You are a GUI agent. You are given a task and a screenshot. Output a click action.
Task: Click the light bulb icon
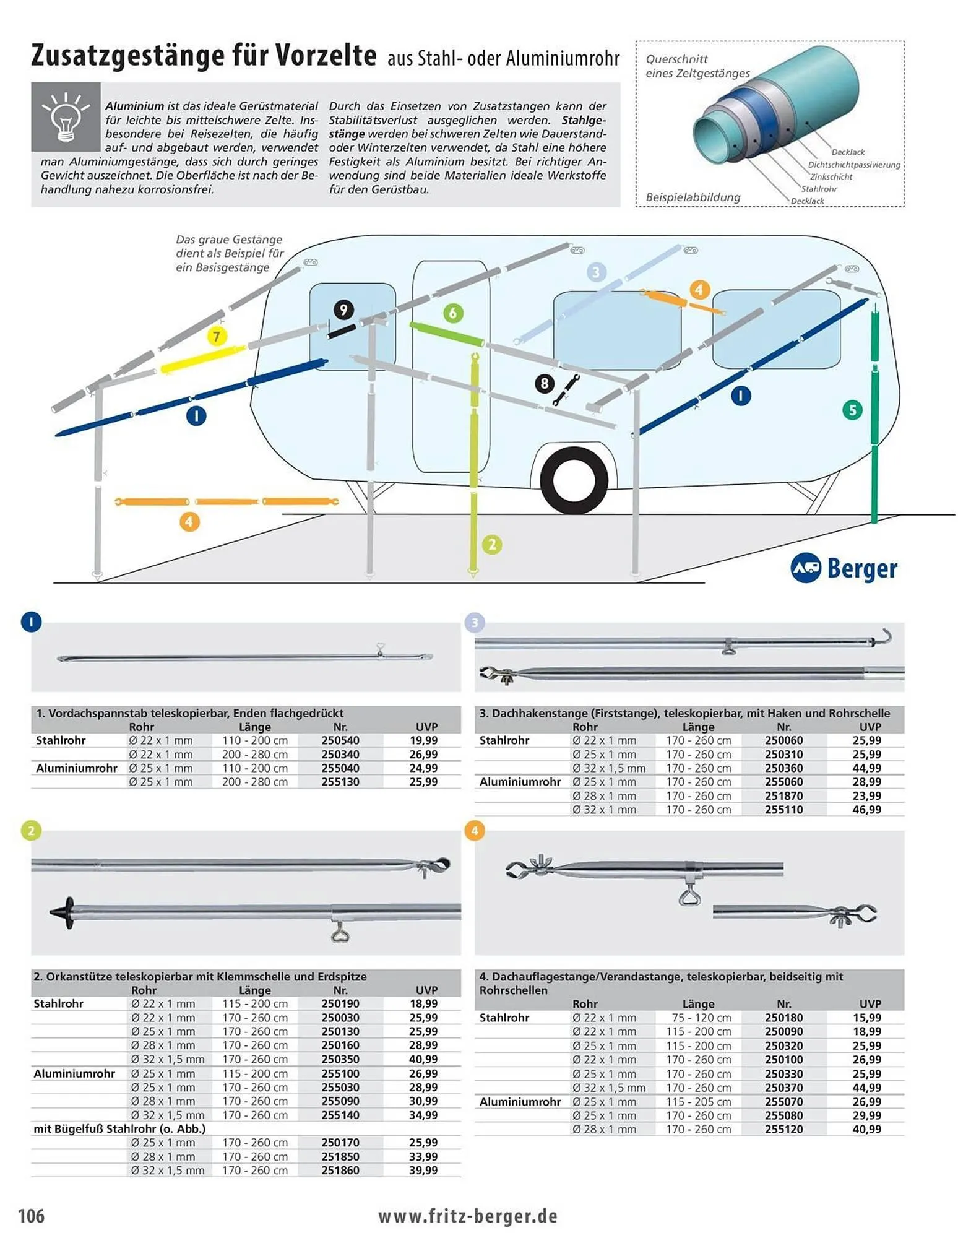[x=66, y=116]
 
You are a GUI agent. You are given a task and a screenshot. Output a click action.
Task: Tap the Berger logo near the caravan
[x=844, y=567]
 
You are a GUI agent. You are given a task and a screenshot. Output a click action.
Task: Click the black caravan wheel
[x=573, y=480]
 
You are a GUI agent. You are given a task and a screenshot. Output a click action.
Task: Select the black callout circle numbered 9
[x=343, y=310]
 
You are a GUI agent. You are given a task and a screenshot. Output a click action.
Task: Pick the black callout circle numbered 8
[x=544, y=383]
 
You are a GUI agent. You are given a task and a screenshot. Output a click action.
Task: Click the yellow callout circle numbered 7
[x=216, y=337]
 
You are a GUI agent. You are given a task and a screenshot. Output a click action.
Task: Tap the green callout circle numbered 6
[x=453, y=313]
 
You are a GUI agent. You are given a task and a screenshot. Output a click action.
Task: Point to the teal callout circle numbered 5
[x=852, y=409]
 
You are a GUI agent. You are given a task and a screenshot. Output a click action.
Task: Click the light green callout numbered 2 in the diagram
[x=492, y=545]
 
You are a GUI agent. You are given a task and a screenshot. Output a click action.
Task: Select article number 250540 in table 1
[x=340, y=740]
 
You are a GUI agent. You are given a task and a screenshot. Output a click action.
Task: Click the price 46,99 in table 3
[x=866, y=810]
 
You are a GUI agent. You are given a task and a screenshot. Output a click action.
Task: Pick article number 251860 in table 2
[x=340, y=1171]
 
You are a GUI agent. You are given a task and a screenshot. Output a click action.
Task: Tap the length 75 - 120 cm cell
[x=698, y=1018]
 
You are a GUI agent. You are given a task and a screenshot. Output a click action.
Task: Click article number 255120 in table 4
[x=783, y=1129]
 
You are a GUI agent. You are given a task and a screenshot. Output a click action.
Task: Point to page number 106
[x=32, y=1216]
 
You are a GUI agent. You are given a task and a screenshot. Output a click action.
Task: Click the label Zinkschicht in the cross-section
[x=831, y=176]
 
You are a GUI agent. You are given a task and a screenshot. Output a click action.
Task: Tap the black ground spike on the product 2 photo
[x=64, y=912]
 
